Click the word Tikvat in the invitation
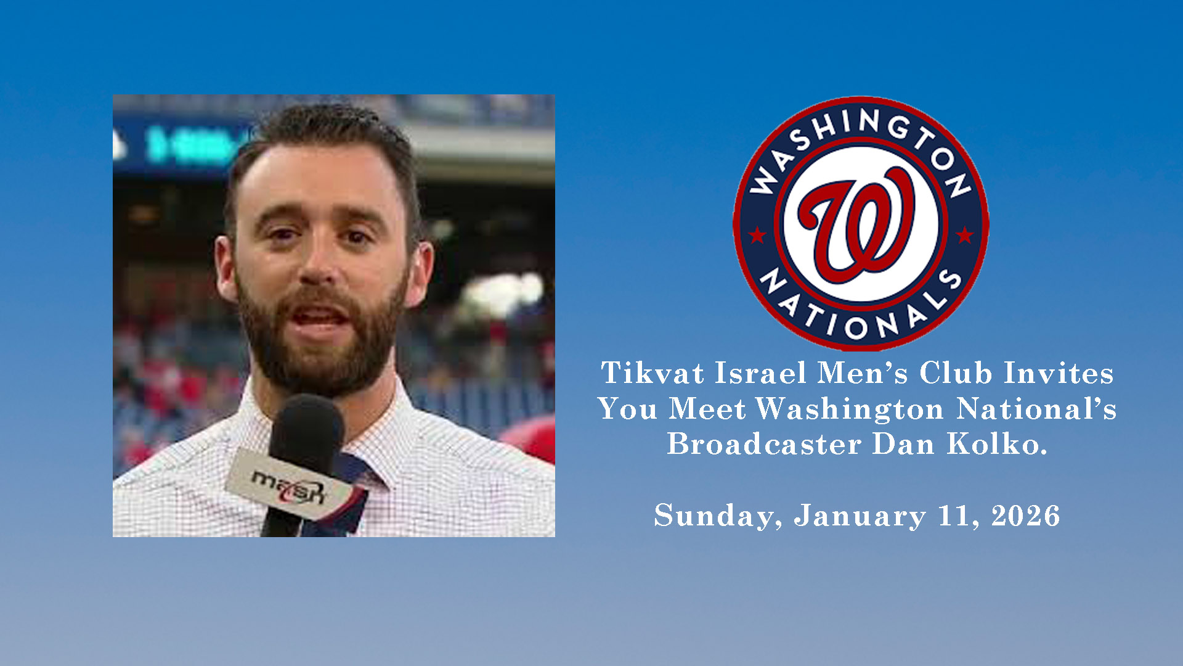(652, 373)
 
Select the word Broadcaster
(764, 444)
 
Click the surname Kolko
(997, 444)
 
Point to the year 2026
(1026, 516)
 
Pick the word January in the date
(860, 516)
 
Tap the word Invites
(1059, 373)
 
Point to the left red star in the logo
(757, 235)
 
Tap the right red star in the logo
(965, 235)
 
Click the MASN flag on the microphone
(290, 485)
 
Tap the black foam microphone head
(306, 432)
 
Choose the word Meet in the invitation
(707, 409)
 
